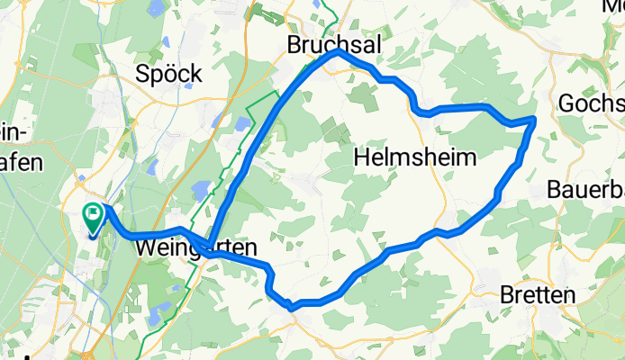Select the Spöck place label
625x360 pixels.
coord(168,74)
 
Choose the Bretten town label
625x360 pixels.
coord(539,295)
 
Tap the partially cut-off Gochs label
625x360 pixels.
coord(591,103)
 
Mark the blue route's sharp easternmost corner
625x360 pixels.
coord(535,118)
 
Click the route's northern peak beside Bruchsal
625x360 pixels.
coord(339,52)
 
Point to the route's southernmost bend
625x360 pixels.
coord(291,307)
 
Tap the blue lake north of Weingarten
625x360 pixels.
coord(201,189)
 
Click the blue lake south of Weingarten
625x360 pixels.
coord(160,314)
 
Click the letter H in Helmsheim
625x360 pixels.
coord(361,157)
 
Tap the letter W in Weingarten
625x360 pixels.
coord(146,245)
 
